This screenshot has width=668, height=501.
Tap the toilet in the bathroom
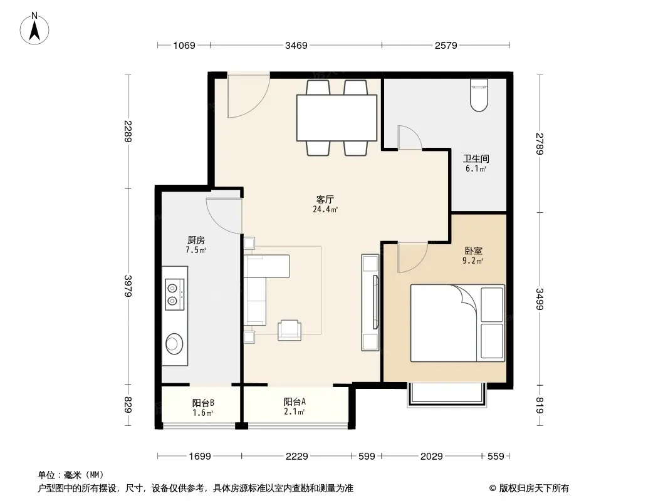click(x=479, y=95)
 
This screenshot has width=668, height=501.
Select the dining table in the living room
click(x=337, y=118)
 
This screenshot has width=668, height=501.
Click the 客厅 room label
click(x=325, y=199)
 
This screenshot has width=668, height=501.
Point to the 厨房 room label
click(x=196, y=240)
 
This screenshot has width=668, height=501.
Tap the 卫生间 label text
click(x=476, y=159)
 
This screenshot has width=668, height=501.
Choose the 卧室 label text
click(x=473, y=251)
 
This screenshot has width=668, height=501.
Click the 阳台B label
click(x=203, y=403)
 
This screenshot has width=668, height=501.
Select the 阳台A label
click(x=295, y=401)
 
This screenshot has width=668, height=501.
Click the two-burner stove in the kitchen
click(x=175, y=294)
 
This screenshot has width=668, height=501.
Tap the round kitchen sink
click(x=174, y=344)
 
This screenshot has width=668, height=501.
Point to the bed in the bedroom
click(x=457, y=323)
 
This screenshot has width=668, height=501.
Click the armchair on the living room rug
click(x=290, y=330)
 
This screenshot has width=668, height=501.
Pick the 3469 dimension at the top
click(x=296, y=45)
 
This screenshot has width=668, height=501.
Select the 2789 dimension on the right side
click(x=540, y=144)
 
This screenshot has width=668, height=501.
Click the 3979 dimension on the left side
click(x=128, y=286)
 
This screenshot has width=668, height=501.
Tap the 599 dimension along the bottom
click(x=367, y=457)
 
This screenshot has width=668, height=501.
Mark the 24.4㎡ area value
click(x=325, y=209)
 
